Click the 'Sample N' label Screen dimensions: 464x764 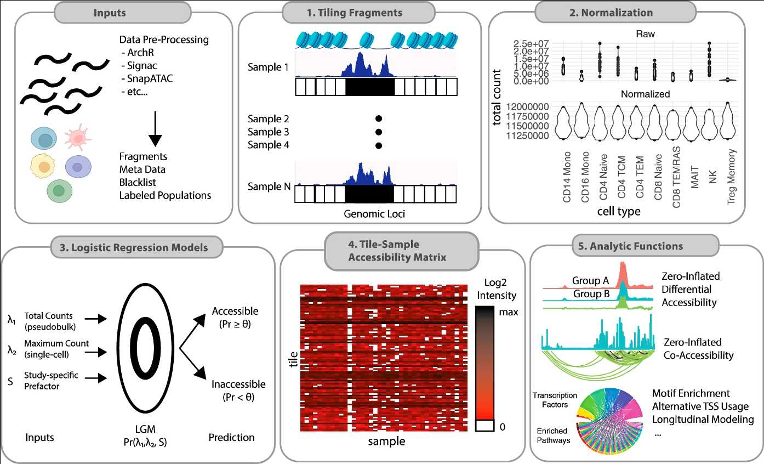[269, 187]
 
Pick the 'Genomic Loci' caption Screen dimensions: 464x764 [375, 213]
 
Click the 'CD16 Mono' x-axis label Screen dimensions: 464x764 [585, 178]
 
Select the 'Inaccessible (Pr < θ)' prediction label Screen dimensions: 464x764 [238, 390]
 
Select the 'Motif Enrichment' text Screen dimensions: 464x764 [691, 394]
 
